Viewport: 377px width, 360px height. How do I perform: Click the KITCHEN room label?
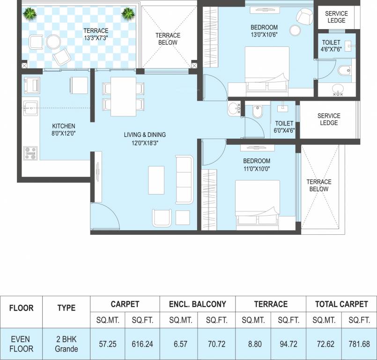pos(64,126)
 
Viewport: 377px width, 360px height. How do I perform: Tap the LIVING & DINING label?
pos(145,135)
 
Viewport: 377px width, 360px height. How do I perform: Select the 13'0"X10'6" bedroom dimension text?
pos(264,35)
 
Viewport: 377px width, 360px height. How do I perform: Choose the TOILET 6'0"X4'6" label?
pos(284,127)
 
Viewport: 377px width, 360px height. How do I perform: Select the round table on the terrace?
pos(52,42)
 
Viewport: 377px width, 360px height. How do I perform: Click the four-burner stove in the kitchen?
pos(30,152)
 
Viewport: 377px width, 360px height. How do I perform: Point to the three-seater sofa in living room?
pos(184,180)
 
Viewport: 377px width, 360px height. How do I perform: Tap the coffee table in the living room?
pos(156,180)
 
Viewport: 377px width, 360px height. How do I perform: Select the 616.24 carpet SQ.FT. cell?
pos(142,344)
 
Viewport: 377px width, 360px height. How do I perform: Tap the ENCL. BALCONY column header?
pos(197,304)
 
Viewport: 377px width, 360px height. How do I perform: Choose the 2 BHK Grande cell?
pos(66,344)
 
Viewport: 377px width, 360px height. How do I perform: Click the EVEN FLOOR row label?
pos(21,344)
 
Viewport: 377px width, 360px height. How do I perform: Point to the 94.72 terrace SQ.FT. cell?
pos(288,344)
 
